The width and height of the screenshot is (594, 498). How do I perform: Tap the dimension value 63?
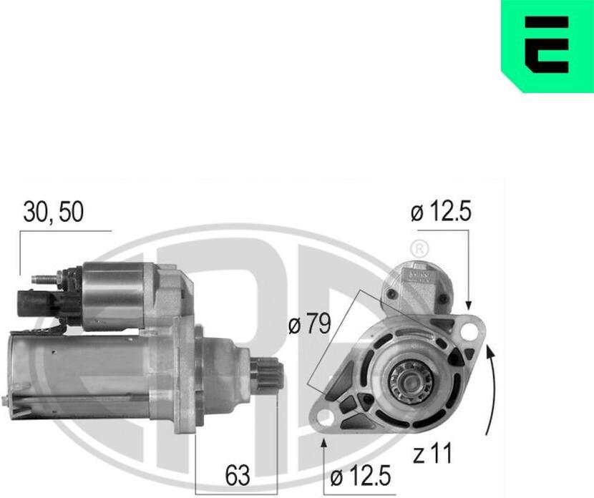[238, 475]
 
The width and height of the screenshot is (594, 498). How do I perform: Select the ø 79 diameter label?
[309, 324]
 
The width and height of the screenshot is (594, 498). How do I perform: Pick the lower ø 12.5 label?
[360, 476]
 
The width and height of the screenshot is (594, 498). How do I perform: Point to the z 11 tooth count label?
[432, 454]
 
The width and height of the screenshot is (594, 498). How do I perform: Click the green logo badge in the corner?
[547, 47]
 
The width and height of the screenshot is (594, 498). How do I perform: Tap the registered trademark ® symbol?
[419, 249]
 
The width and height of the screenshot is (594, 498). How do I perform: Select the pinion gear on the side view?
[267, 376]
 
